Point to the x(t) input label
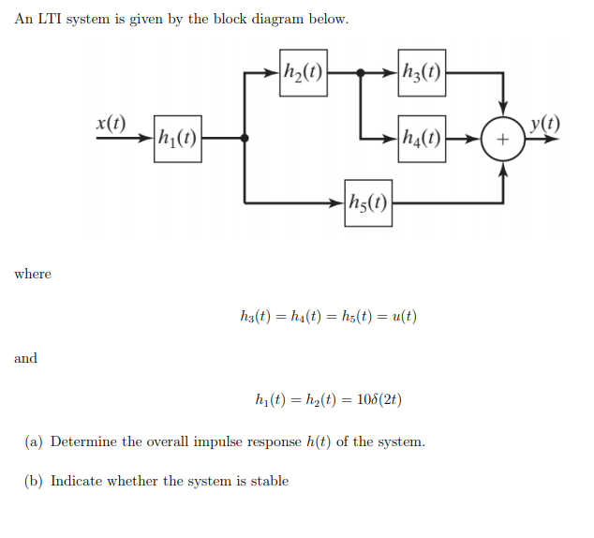coord(111,122)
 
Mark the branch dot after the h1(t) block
coord(245,138)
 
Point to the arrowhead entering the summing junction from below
coord(504,168)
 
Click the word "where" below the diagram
coord(33,274)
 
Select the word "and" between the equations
coord(25,358)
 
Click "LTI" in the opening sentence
coord(49,21)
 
